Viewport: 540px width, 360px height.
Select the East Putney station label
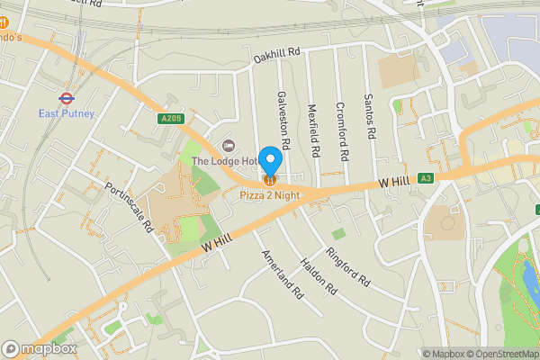pyautogui.click(x=66, y=113)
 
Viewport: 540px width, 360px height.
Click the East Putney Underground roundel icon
pyautogui.click(x=66, y=97)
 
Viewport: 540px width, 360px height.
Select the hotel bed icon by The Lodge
pyautogui.click(x=228, y=145)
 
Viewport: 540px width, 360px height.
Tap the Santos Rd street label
pyautogui.click(x=368, y=116)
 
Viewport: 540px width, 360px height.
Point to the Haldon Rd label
pyautogui.click(x=318, y=275)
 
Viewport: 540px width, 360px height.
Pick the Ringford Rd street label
pyautogui.click(x=348, y=265)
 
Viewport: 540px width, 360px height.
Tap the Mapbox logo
pyautogui.click(x=40, y=348)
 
